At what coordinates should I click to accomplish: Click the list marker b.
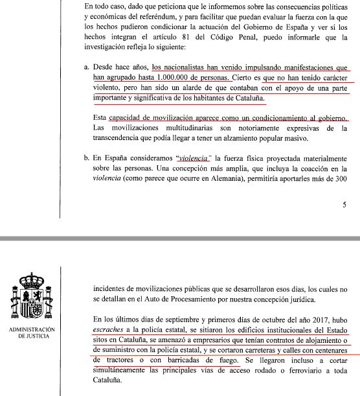[87, 157]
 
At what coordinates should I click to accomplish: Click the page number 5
[343, 205]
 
